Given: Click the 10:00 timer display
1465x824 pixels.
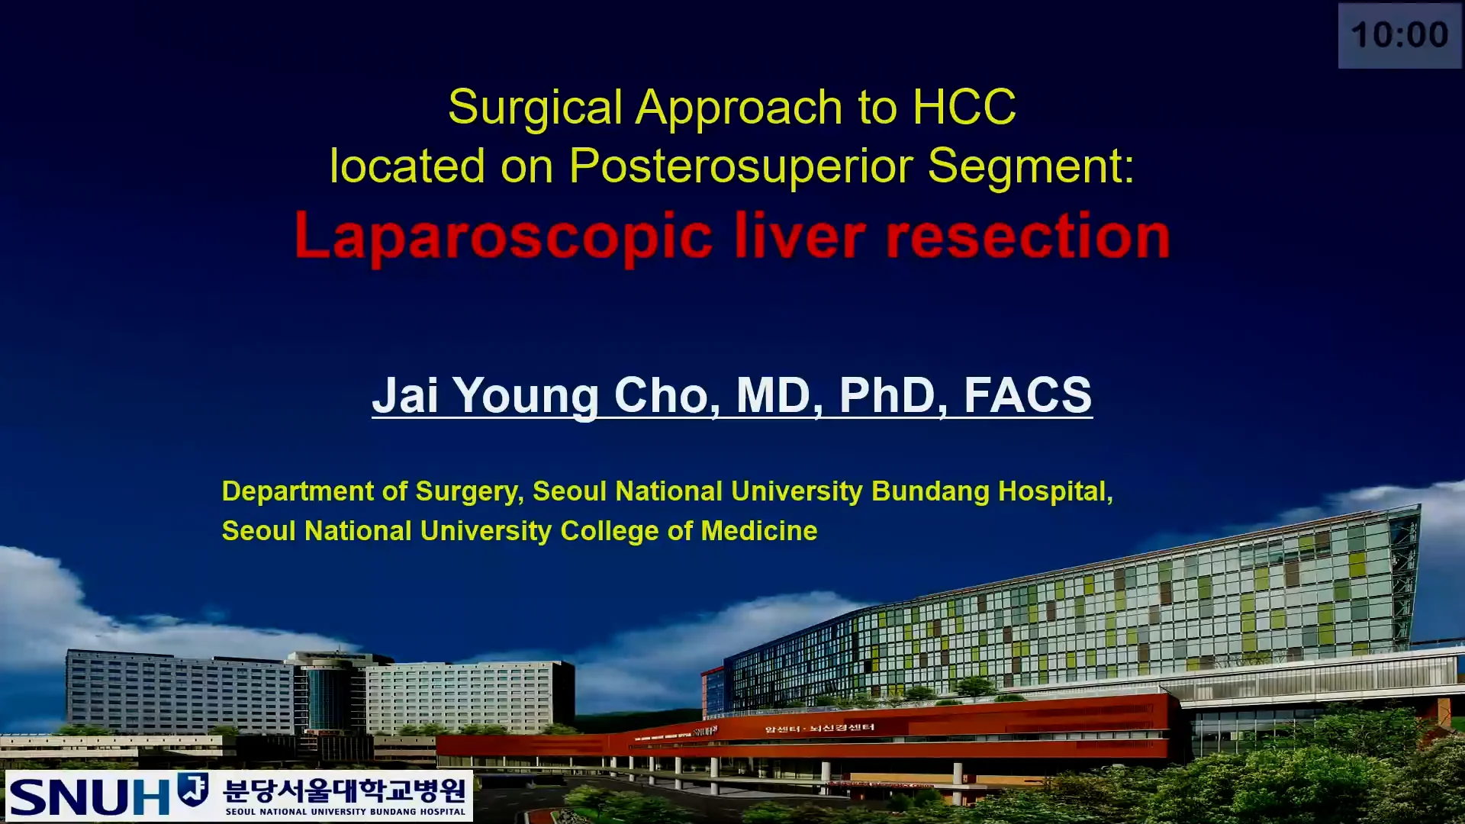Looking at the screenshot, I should pyautogui.click(x=1399, y=35).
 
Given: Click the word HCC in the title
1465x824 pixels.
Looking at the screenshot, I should pyautogui.click(x=964, y=107).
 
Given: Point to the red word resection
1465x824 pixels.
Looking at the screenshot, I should pyautogui.click(x=1027, y=236).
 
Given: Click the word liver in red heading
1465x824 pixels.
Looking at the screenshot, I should pyautogui.click(x=799, y=236).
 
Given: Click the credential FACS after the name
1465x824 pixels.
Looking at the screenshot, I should pyautogui.click(x=1027, y=395).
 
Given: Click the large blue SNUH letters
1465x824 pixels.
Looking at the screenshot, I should pyautogui.click(x=89, y=796).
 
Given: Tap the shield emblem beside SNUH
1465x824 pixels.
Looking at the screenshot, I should pyautogui.click(x=193, y=789).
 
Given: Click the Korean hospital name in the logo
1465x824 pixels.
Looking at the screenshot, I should pyautogui.click(x=344, y=790).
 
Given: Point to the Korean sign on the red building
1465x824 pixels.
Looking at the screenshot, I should pyautogui.click(x=819, y=728).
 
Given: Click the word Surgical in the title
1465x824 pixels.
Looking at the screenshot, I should pyautogui.click(x=535, y=107).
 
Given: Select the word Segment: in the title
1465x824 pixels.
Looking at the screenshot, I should pyautogui.click(x=1031, y=166).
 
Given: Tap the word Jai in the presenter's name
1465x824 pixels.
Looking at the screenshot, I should pyautogui.click(x=405, y=395).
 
